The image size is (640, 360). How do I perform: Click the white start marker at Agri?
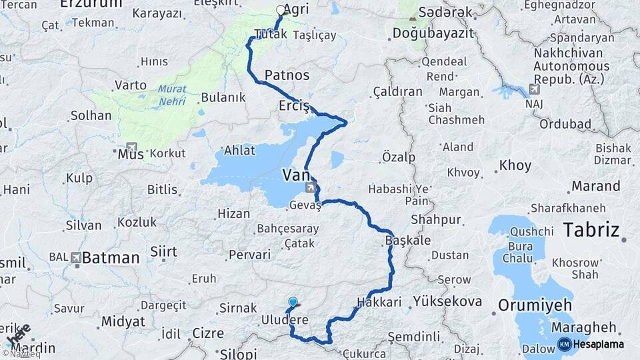coord(280,11)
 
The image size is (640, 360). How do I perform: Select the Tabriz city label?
coord(591,230)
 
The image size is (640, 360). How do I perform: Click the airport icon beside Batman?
coord(75,257)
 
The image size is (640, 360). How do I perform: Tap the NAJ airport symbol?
coord(533,89)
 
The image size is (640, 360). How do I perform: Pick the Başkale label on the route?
coord(407,241)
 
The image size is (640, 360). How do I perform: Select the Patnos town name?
coord(287,74)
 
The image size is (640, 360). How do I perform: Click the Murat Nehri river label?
coord(173,95)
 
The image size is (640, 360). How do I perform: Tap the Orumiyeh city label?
coord(535,305)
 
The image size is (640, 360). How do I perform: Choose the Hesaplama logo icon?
coord(565,344)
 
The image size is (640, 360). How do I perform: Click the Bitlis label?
coord(162,190)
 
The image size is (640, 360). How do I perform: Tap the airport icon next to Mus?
coord(131,148)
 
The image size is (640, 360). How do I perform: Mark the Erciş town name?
coord(294,106)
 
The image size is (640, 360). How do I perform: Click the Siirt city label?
coord(164,251)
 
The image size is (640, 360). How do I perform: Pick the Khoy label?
coord(515,165)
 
